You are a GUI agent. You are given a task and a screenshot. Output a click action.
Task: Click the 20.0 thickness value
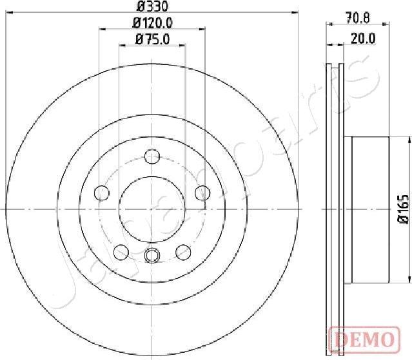364,39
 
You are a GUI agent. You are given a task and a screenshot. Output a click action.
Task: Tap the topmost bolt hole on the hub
152,156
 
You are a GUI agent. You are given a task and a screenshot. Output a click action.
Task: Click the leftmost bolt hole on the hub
101,192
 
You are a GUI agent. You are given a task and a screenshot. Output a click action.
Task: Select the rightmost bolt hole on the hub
202,192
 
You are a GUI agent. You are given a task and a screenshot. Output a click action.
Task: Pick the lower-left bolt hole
121,251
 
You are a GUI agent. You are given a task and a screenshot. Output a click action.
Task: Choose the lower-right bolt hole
184,251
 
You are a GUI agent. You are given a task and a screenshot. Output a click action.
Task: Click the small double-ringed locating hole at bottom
152,256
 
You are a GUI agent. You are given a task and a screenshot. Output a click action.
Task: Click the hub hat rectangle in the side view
369,209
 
